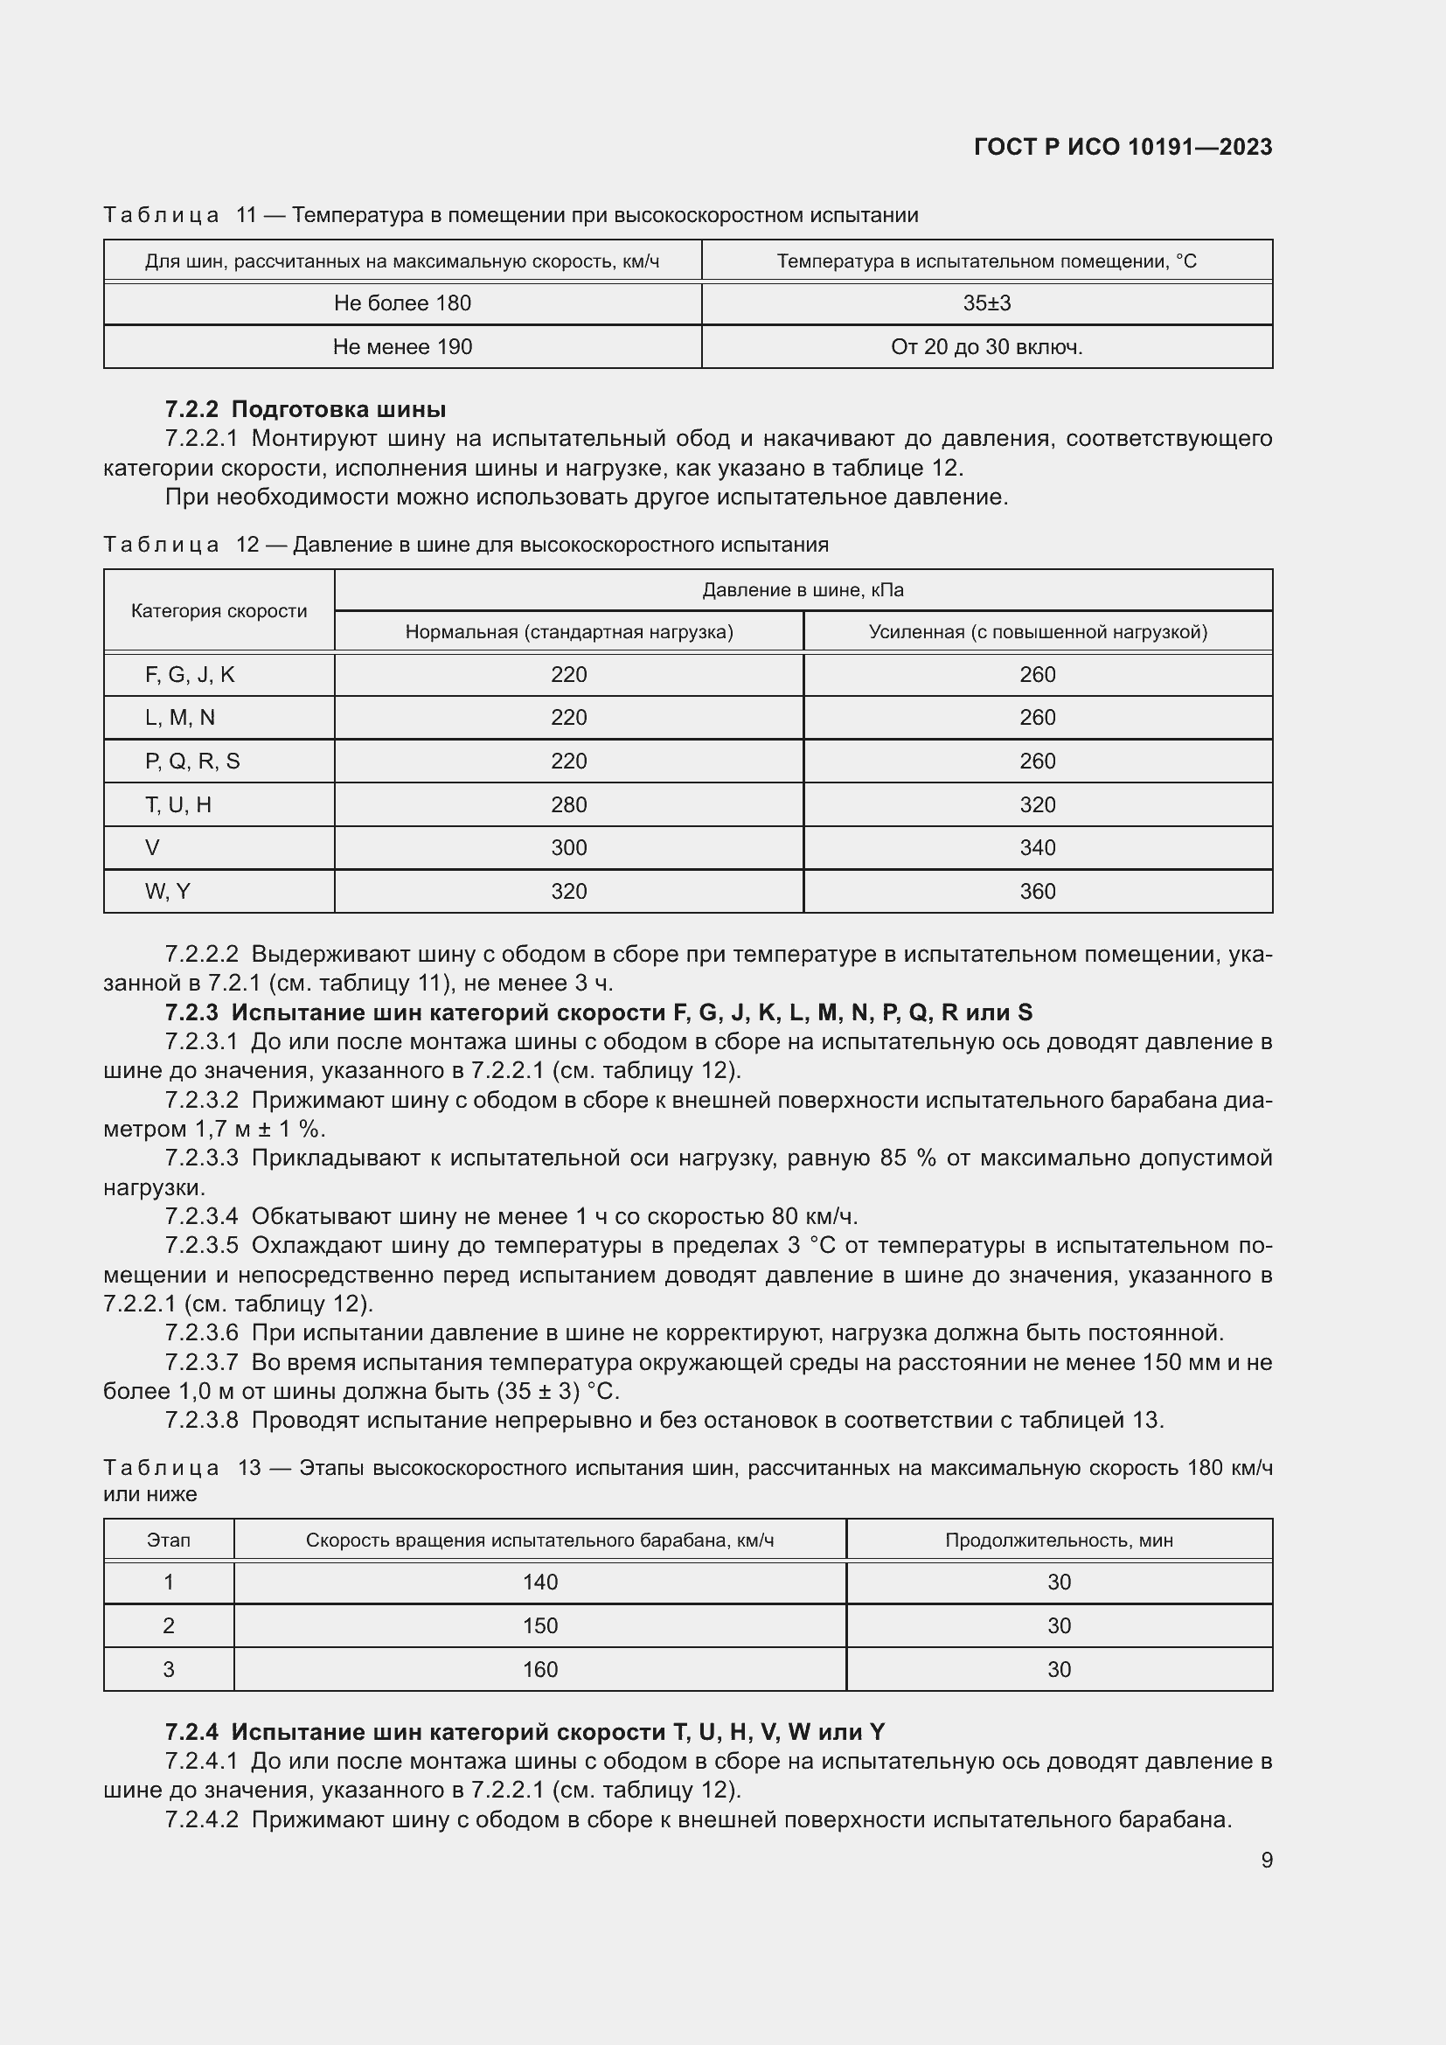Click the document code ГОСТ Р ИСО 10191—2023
pyautogui.click(x=1123, y=147)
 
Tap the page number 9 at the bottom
pyautogui.click(x=1266, y=1860)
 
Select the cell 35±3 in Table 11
pyautogui.click(x=986, y=303)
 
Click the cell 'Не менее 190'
pyautogui.click(x=402, y=347)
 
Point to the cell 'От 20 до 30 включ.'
pyautogui.click(x=986, y=347)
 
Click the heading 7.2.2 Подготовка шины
pyautogui.click(x=305, y=410)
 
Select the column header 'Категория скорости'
pyautogui.click(x=219, y=611)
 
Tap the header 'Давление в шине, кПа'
pyautogui.click(x=803, y=589)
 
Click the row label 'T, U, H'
pyautogui.click(x=178, y=805)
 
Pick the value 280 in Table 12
pyautogui.click(x=569, y=805)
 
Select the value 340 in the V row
pyautogui.click(x=1038, y=848)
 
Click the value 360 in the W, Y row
pyautogui.click(x=1038, y=892)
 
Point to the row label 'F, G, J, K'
pyautogui.click(x=190, y=675)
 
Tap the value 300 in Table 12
pyautogui.click(x=569, y=848)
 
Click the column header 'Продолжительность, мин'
pyautogui.click(x=1059, y=1540)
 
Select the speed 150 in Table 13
pyautogui.click(x=539, y=1625)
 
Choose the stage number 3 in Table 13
pyautogui.click(x=168, y=1669)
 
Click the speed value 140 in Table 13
pyautogui.click(x=539, y=1582)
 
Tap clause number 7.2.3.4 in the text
pyautogui.click(x=202, y=1217)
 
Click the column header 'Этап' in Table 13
pyautogui.click(x=168, y=1540)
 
